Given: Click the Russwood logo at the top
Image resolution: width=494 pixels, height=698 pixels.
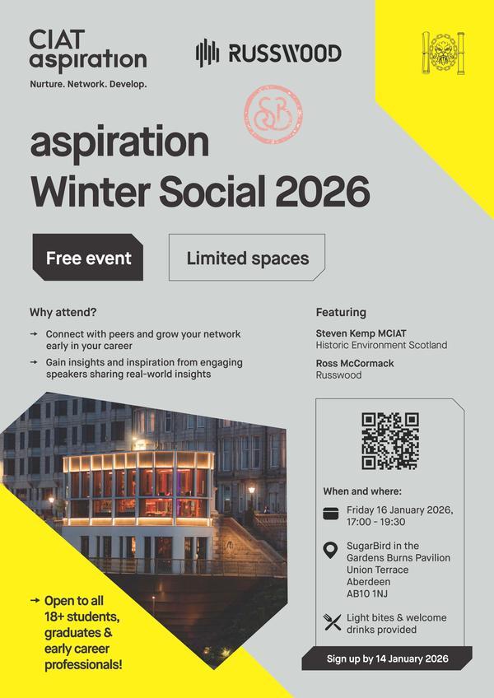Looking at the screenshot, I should [x=268, y=54].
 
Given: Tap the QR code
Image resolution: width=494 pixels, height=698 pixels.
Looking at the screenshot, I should [x=389, y=441].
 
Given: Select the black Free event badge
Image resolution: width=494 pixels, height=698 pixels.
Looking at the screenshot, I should [x=88, y=258].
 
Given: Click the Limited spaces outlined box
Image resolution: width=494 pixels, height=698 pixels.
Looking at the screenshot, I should [x=247, y=258].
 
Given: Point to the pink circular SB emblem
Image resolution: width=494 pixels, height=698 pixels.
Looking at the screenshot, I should [x=273, y=114].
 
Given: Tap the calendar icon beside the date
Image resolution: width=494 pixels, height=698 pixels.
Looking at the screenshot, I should [x=332, y=514].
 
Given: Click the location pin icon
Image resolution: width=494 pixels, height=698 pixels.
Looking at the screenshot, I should [x=331, y=551].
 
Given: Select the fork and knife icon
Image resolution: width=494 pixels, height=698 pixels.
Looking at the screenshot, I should [x=332, y=622].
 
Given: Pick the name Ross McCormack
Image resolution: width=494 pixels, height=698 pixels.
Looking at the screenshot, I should [x=355, y=362].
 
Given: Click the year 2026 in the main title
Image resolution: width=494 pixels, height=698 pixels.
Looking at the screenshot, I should [x=323, y=191].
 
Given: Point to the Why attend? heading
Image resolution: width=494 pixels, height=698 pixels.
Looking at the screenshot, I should [x=63, y=312].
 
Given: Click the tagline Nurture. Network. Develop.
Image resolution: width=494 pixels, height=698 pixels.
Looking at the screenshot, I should [x=88, y=85].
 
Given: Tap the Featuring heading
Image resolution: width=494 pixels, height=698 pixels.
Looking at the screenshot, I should [x=341, y=312].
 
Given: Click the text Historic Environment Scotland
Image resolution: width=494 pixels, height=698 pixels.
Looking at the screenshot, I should [x=381, y=345].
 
